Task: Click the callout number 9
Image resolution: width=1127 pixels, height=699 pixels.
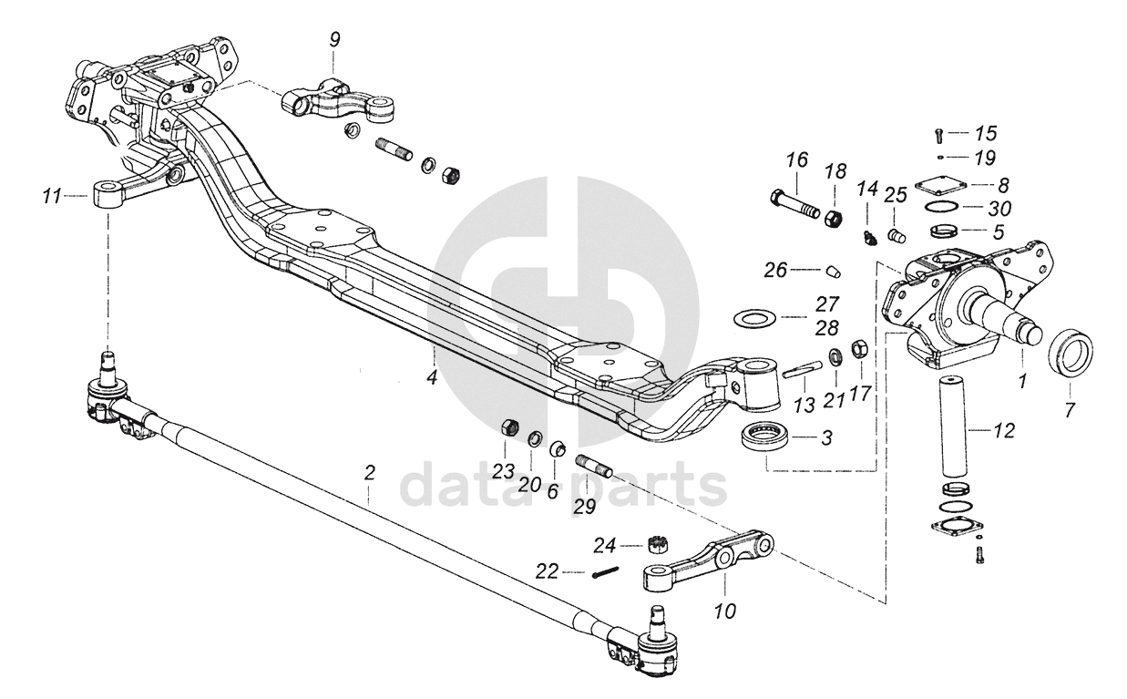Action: pyautogui.click(x=334, y=39)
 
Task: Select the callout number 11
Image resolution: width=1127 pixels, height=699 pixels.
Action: pyautogui.click(x=52, y=194)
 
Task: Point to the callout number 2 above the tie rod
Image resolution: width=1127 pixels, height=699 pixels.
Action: pyautogui.click(x=369, y=473)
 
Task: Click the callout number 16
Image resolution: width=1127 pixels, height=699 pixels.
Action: pyautogui.click(x=797, y=160)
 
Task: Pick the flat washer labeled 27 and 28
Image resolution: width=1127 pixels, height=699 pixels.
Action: pyautogui.click(x=753, y=319)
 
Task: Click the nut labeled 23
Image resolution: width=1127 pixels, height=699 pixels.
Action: pyautogui.click(x=511, y=427)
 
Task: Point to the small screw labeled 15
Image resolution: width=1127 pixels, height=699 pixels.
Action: pyautogui.click(x=937, y=136)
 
